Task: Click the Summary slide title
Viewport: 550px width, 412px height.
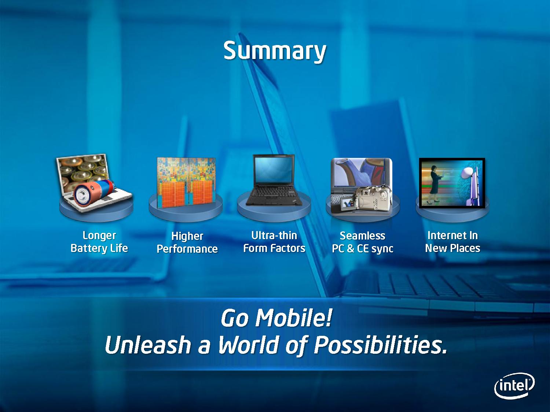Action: [275, 51]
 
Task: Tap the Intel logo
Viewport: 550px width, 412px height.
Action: [514, 386]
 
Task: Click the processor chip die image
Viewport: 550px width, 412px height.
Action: [186, 183]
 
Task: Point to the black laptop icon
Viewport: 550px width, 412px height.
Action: [274, 180]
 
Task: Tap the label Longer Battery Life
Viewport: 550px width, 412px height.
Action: [99, 242]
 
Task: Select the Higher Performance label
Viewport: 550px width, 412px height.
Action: [187, 242]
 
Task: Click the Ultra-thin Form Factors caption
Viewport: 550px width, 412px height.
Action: [274, 242]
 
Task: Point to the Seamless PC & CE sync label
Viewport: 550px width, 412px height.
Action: [363, 242]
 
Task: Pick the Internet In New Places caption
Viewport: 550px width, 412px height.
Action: [452, 242]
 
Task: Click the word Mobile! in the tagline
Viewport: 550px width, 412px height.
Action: [294, 318]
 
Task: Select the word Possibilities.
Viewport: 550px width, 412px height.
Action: [380, 345]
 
